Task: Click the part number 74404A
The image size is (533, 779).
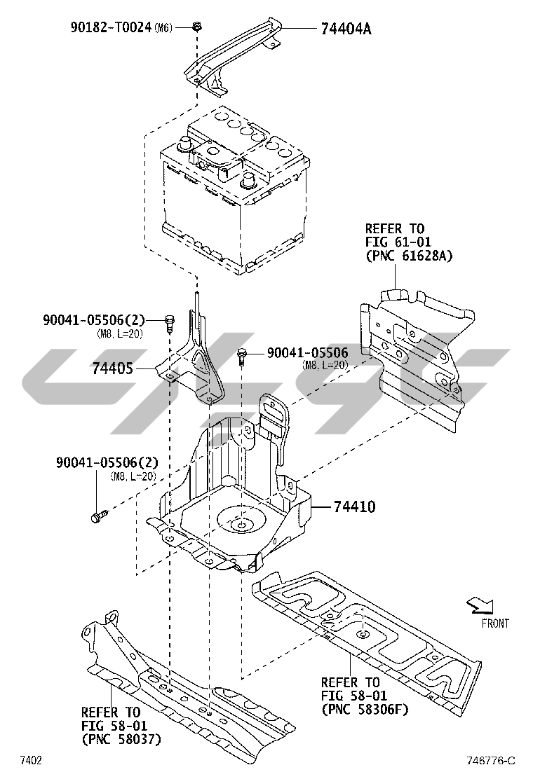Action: (x=346, y=28)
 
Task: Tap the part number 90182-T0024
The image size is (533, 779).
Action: (x=111, y=27)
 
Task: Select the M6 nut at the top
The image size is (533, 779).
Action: (x=197, y=26)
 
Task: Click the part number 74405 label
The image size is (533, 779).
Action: (x=112, y=368)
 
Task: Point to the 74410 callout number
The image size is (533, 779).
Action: (x=354, y=506)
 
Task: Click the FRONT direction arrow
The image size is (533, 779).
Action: (x=480, y=605)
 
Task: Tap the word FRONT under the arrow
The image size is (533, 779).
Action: (x=495, y=623)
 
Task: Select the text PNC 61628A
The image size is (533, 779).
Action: (x=409, y=256)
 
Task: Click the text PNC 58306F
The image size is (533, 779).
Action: (x=365, y=709)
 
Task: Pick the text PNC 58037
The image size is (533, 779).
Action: (x=121, y=740)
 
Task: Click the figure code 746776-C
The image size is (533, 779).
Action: (x=490, y=760)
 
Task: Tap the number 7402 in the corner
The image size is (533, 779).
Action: (x=30, y=760)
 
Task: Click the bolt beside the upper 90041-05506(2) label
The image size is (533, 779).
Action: (x=169, y=324)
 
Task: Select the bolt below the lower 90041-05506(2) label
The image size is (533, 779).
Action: (x=100, y=515)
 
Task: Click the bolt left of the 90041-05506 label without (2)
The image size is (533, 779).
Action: (x=242, y=357)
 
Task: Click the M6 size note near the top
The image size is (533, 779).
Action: (x=163, y=28)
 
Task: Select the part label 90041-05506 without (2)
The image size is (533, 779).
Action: (x=308, y=352)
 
